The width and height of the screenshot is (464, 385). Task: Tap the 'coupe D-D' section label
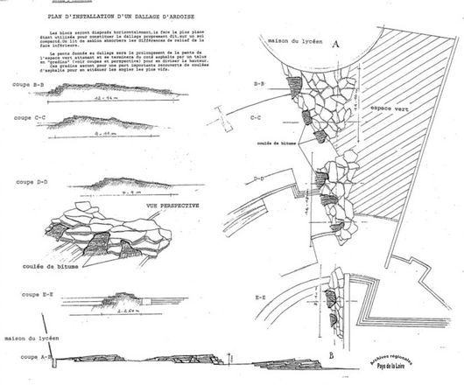31,181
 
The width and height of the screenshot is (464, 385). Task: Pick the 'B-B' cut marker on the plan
260,85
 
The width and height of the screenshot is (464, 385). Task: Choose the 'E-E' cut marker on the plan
260,298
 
